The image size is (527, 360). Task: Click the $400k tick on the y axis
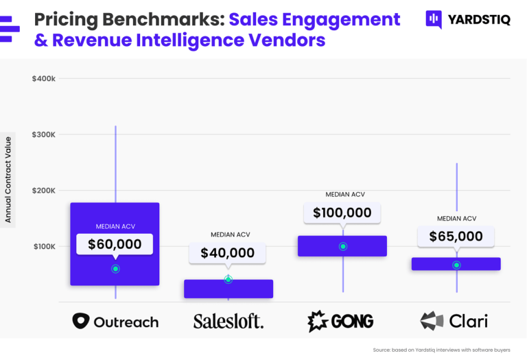(x=44, y=79)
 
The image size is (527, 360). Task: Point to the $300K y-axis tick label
(x=44, y=134)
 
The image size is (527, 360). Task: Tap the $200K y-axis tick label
(x=44, y=191)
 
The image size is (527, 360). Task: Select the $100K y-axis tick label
(x=44, y=246)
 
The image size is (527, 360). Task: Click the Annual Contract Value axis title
(x=8, y=180)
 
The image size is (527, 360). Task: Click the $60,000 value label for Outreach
(x=115, y=244)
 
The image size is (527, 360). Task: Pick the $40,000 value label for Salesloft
(x=227, y=252)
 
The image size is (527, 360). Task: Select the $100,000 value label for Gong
(x=342, y=213)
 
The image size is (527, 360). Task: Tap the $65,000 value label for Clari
(x=456, y=237)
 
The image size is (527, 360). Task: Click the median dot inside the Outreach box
(x=115, y=269)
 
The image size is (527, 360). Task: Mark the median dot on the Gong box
(x=343, y=246)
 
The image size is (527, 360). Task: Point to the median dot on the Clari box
(x=456, y=265)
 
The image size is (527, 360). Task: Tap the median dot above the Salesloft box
(x=229, y=279)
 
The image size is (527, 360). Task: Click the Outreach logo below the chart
(x=115, y=321)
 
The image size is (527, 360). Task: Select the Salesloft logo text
(x=229, y=321)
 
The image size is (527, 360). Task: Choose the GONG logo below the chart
(x=340, y=321)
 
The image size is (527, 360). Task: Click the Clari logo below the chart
(x=454, y=321)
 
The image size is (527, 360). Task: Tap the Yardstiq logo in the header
(x=468, y=19)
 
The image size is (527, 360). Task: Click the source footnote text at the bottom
(x=441, y=350)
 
